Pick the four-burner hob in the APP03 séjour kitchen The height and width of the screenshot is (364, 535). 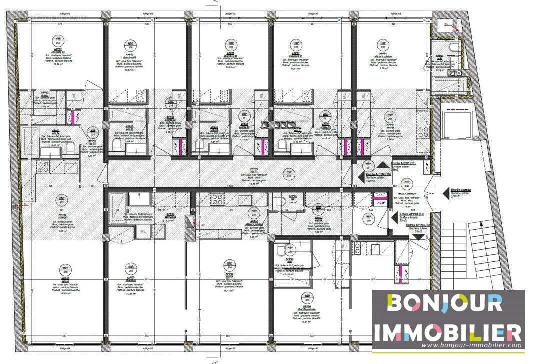click(x=218, y=198)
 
